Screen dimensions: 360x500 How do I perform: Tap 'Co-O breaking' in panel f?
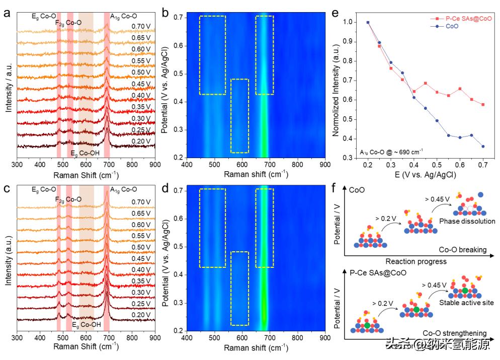(463, 249)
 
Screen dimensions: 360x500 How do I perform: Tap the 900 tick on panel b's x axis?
(325, 165)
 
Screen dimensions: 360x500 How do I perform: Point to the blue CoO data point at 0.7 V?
(483, 147)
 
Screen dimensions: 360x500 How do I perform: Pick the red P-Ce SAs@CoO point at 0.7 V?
(483, 105)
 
